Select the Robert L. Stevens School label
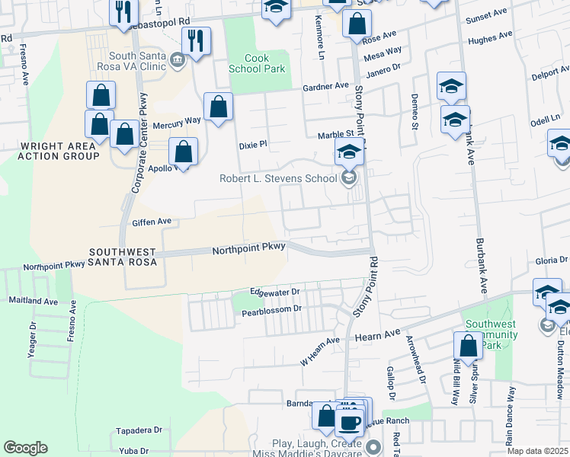click(x=277, y=179)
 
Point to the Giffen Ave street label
click(x=152, y=222)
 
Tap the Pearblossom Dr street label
click(x=272, y=311)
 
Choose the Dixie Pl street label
click(x=253, y=144)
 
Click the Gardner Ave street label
click(x=325, y=88)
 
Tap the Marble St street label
click(x=332, y=135)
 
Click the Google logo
click(x=25, y=448)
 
